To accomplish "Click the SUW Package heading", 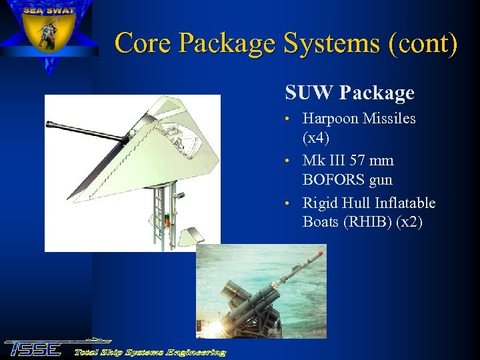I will (349, 93).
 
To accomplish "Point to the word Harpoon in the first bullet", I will (331, 119).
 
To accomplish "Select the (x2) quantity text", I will (409, 221).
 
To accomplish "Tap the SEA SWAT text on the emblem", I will (49, 10).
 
